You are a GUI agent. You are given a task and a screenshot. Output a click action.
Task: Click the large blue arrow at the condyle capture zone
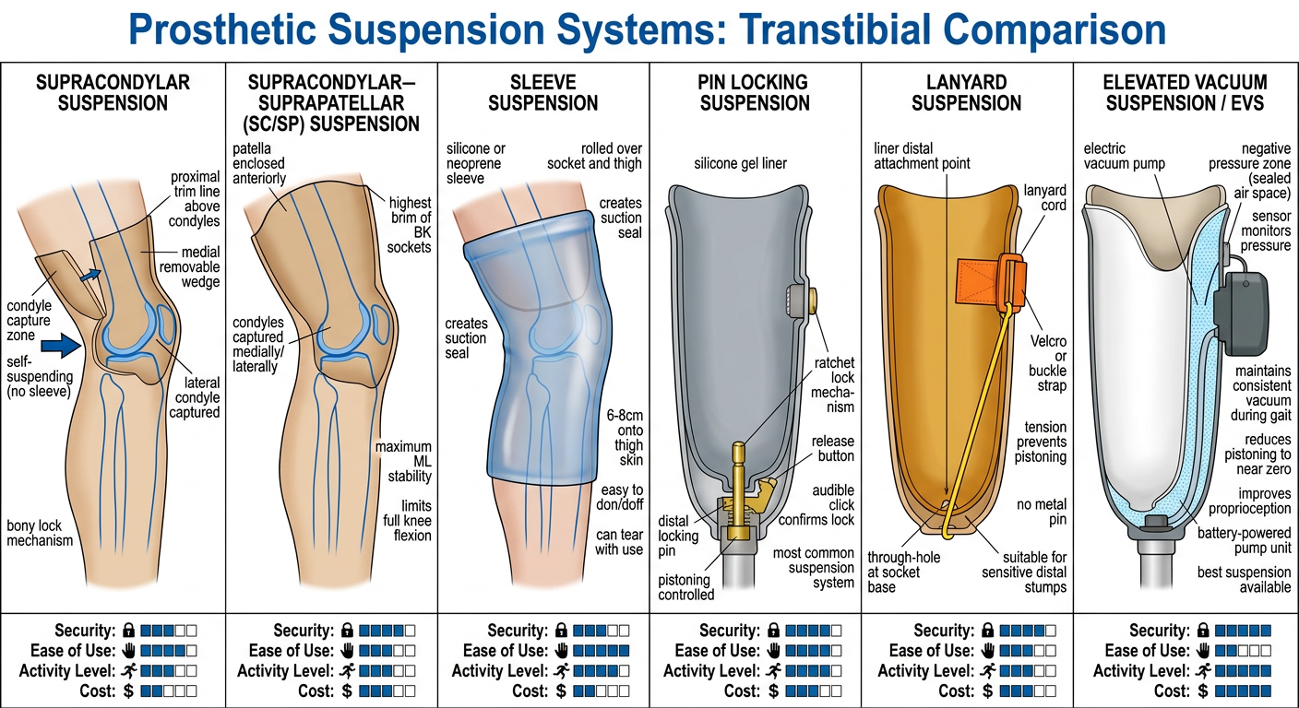click(61, 346)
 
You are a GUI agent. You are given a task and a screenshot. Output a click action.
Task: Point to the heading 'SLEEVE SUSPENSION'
click(542, 93)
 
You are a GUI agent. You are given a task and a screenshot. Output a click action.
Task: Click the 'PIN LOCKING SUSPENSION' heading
click(755, 93)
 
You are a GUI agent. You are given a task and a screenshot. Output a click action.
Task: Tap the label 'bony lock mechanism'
click(40, 533)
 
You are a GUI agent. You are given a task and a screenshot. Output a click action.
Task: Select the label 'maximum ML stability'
click(403, 461)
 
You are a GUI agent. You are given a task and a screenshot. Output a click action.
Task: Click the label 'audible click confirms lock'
click(816, 504)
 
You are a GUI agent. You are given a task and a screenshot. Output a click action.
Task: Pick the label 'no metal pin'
click(1043, 512)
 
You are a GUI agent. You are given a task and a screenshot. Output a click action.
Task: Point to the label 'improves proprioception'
click(1250, 501)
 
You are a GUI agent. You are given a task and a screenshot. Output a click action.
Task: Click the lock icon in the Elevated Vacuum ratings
click(1203, 631)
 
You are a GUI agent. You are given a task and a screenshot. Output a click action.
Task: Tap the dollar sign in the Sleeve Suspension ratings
click(561, 691)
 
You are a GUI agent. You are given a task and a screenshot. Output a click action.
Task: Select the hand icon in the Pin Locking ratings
click(774, 651)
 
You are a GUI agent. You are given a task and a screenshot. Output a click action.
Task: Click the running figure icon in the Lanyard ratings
click(987, 671)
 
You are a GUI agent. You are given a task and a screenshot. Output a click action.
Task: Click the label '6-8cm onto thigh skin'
click(625, 438)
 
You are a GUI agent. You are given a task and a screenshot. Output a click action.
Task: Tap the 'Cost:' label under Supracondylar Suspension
click(98, 691)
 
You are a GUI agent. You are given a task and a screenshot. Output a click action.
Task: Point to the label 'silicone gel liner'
click(741, 163)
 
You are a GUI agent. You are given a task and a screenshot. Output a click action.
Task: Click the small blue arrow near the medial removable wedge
click(89, 276)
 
